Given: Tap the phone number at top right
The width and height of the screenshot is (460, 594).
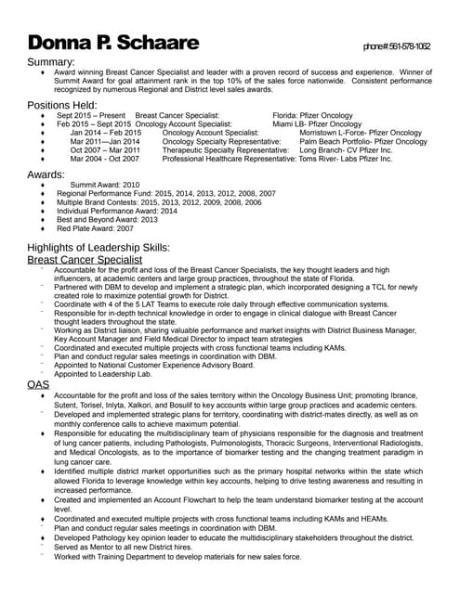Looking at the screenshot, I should click(396, 45).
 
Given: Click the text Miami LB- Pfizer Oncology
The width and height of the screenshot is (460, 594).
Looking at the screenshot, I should click(312, 123).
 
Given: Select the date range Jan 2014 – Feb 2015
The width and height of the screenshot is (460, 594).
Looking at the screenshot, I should click(105, 133).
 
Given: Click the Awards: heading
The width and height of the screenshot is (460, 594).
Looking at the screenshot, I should click(46, 173).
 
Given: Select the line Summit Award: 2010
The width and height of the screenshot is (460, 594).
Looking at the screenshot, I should click(105, 185).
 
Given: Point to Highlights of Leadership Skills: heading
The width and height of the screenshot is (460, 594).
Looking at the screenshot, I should click(99, 248).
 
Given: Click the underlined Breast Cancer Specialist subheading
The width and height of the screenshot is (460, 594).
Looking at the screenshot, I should click(85, 261).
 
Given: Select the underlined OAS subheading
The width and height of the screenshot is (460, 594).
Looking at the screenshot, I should click(38, 383).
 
